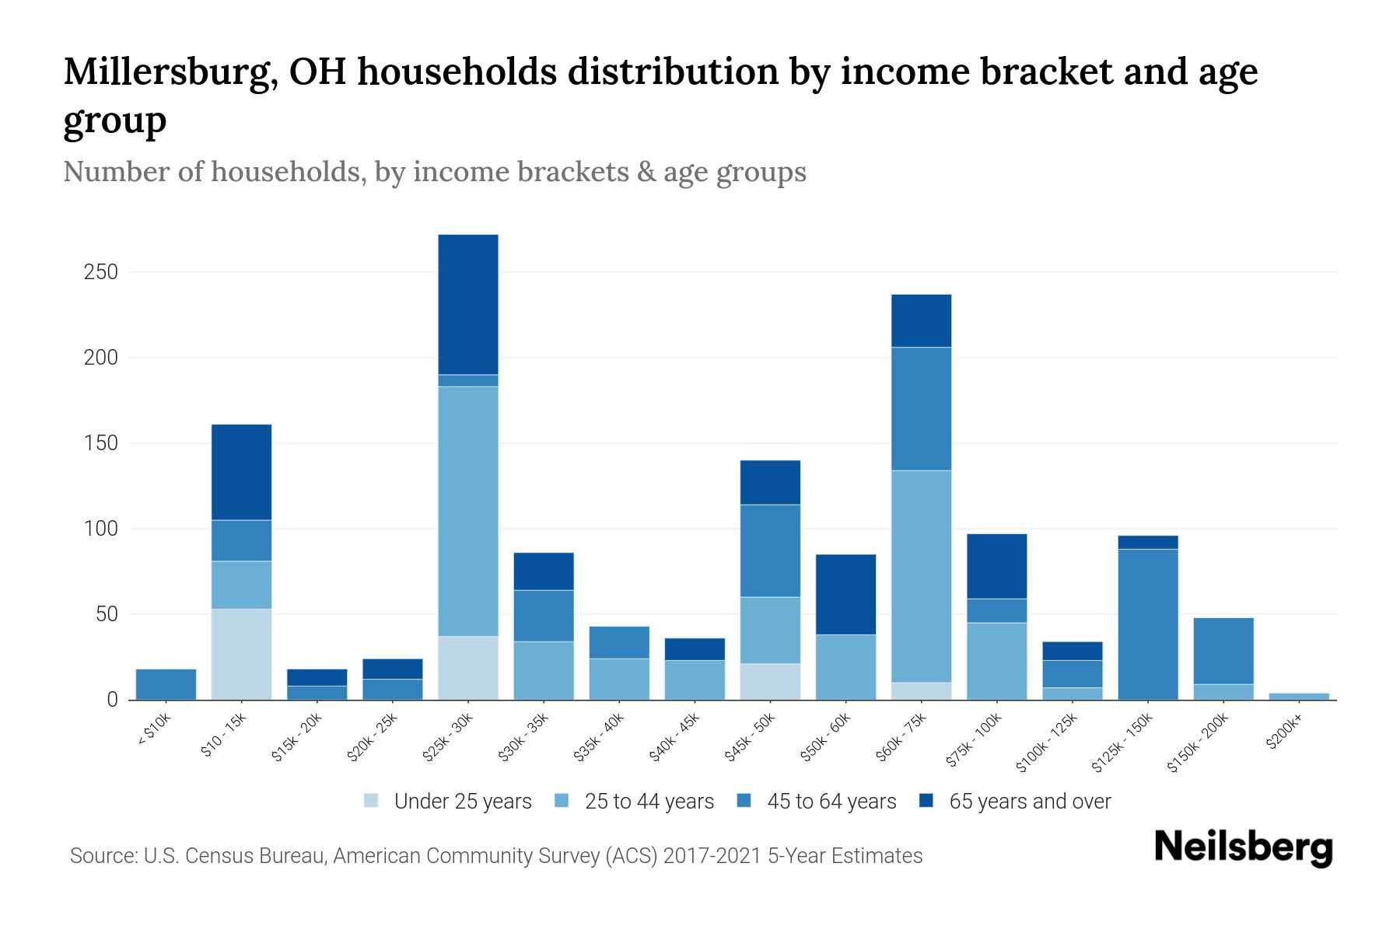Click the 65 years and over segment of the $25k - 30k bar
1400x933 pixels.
(x=468, y=304)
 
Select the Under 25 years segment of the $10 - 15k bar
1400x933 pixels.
(x=242, y=654)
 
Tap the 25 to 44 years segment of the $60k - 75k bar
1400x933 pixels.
(x=921, y=576)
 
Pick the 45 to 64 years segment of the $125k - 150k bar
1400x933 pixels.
(x=1147, y=624)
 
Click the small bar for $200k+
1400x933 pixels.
(x=1298, y=696)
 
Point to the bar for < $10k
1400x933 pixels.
(x=166, y=684)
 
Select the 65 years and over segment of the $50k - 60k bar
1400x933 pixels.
(x=845, y=594)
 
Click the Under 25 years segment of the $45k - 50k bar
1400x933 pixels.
(x=770, y=681)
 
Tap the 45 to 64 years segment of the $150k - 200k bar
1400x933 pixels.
(x=1223, y=651)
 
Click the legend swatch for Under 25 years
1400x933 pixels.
(x=372, y=801)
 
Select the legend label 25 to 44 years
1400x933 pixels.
(x=649, y=801)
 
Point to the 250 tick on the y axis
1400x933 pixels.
(x=101, y=272)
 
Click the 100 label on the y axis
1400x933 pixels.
(x=101, y=529)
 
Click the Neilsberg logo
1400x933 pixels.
(x=1243, y=847)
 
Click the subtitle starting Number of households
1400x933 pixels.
(x=434, y=172)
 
